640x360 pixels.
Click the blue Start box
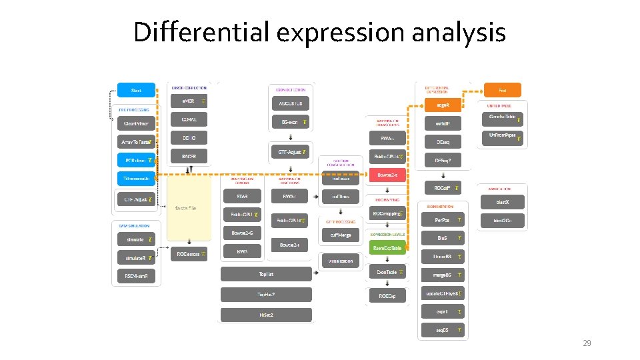(x=136, y=89)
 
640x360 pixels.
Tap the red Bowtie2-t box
(x=387, y=175)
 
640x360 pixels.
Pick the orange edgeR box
(x=443, y=105)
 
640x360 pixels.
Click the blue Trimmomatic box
(x=136, y=178)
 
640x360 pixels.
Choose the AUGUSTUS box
(x=291, y=103)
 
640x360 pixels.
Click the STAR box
(x=241, y=197)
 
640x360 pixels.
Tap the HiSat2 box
(x=266, y=314)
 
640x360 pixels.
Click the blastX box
(x=502, y=201)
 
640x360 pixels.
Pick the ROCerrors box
(x=189, y=254)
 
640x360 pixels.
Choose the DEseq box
(x=443, y=142)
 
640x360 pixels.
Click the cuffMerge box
(x=341, y=235)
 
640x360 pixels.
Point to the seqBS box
(x=443, y=330)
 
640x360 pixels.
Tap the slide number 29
(x=587, y=343)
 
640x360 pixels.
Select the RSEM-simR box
(x=136, y=275)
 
